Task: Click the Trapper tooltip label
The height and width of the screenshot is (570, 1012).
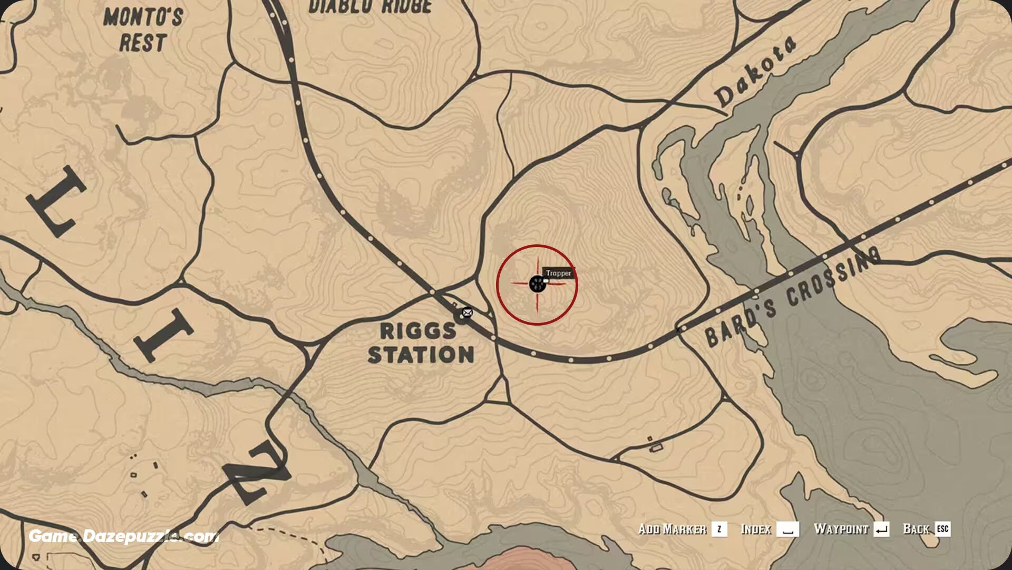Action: click(x=558, y=273)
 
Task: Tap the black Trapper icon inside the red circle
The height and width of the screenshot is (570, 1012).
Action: click(x=537, y=284)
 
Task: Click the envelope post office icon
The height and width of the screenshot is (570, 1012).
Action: click(x=466, y=312)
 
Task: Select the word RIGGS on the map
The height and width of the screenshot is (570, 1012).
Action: click(x=418, y=331)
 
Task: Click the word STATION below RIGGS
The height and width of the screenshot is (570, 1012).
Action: click(x=421, y=355)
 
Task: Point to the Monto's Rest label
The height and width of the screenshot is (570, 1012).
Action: click(x=143, y=30)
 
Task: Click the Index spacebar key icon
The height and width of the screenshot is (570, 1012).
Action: click(x=787, y=529)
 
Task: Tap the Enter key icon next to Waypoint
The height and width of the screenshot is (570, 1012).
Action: click(x=881, y=529)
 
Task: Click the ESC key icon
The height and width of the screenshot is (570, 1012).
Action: click(x=942, y=529)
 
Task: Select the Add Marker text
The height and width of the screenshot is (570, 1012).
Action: click(x=673, y=529)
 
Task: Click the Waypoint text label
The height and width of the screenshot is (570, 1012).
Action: click(x=841, y=529)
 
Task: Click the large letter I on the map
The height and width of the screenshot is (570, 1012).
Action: click(x=163, y=335)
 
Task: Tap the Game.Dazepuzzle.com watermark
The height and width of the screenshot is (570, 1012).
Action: click(x=124, y=536)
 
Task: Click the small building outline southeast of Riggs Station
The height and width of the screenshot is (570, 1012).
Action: click(x=656, y=448)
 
